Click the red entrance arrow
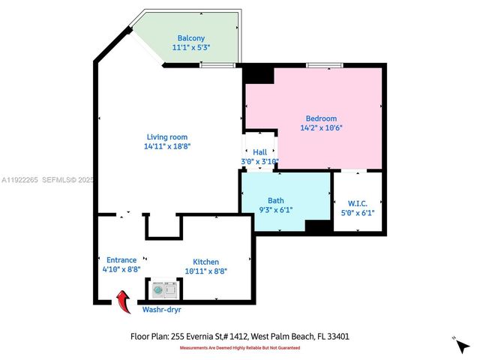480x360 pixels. point(122,301)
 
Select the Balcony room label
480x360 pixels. point(190,38)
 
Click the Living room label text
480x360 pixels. point(166,137)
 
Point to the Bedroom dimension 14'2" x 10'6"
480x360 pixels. point(320,127)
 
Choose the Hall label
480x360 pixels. point(259,152)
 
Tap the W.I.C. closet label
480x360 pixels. point(357,202)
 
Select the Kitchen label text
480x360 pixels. point(205,260)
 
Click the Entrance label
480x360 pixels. point(121,260)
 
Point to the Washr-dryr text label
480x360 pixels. point(161,308)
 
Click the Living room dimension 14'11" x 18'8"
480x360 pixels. point(166,147)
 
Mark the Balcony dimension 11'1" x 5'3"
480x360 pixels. point(190,48)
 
